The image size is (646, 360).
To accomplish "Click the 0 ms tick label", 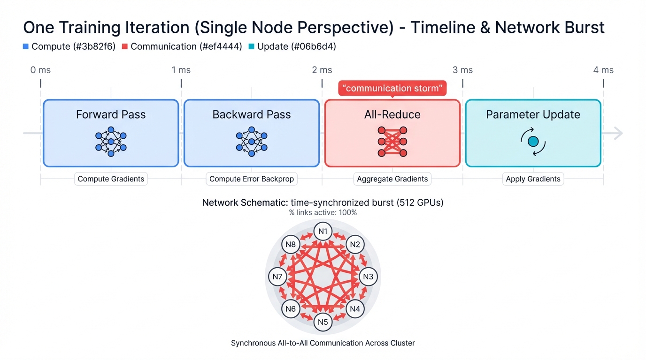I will (x=40, y=70).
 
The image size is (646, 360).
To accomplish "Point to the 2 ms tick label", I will (x=322, y=70).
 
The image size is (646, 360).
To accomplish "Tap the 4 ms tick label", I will (x=603, y=70).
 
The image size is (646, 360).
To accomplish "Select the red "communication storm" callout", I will (x=392, y=88).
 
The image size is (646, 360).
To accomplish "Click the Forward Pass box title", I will (x=111, y=114).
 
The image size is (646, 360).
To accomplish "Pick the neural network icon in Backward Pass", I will (x=252, y=141).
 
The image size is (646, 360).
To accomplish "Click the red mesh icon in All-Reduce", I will (x=392, y=141).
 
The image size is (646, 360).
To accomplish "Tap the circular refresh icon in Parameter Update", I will (x=533, y=141).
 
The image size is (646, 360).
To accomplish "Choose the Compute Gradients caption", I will (x=111, y=179).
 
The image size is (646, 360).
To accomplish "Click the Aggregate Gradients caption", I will (x=392, y=179).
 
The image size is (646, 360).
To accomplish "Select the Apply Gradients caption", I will (x=533, y=179).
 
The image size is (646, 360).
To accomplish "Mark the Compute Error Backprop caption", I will (x=252, y=179).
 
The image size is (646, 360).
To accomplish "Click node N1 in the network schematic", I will (x=323, y=231).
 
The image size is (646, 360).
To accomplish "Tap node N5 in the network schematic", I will (x=323, y=322).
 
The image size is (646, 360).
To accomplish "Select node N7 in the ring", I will (x=277, y=277).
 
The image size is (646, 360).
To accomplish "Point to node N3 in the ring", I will (x=368, y=277).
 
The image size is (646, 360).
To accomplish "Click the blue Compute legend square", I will (x=26, y=46).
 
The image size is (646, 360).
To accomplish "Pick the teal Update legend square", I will (x=251, y=46).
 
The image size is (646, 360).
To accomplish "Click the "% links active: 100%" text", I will (x=323, y=212).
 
